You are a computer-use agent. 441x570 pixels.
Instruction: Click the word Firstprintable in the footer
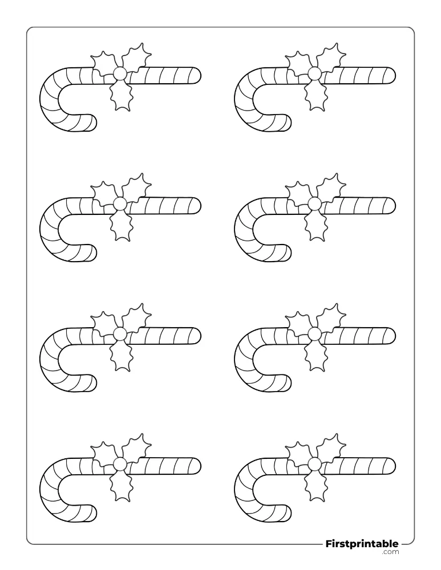[362, 544]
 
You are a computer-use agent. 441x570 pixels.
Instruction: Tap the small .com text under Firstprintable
[390, 552]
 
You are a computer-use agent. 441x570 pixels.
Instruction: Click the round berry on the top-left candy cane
[120, 74]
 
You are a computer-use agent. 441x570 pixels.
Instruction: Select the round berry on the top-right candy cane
[315, 74]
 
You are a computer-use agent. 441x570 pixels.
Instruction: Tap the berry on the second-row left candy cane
[120, 204]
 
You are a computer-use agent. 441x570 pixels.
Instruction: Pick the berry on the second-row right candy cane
[315, 204]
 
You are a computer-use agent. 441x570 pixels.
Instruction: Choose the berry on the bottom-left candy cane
[120, 465]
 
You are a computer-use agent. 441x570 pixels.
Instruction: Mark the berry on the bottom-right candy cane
[315, 465]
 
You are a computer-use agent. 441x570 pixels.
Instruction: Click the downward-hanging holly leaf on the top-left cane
[120, 95]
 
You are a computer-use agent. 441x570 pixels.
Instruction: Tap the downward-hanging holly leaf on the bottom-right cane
[315, 486]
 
